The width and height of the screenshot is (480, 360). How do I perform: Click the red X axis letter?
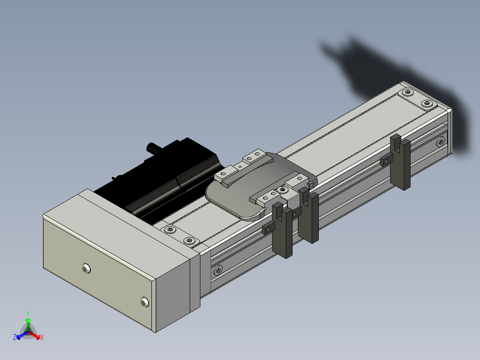[42, 337]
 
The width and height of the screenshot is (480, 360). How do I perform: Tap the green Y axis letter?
[28, 313]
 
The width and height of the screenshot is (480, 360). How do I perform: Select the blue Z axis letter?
[15, 337]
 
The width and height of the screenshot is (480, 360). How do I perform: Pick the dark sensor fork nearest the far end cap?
[401, 162]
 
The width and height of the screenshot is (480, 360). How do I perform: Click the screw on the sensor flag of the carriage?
[283, 190]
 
